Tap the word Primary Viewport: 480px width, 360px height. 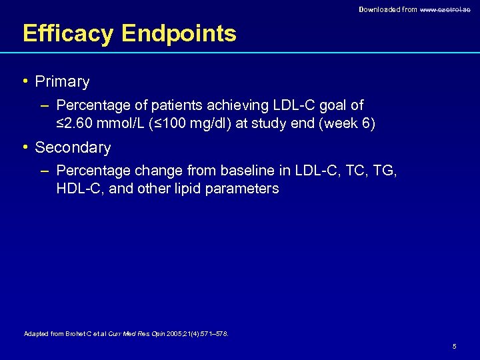[62, 82]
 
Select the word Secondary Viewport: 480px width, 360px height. [73, 147]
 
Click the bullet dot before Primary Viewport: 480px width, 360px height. [25, 81]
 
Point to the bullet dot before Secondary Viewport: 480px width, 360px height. [25, 147]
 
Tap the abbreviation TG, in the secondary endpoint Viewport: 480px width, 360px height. [383, 172]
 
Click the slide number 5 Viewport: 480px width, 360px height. [454, 347]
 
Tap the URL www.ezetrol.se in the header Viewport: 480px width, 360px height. [445, 9]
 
